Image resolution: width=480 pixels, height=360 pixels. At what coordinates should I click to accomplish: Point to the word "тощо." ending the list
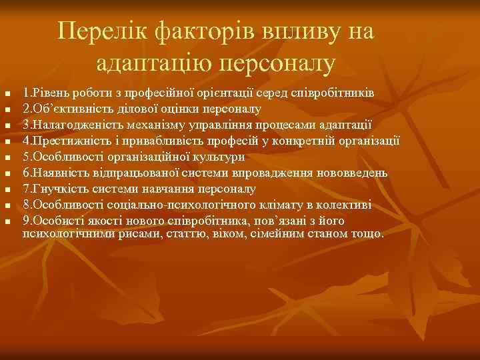click(369, 234)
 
